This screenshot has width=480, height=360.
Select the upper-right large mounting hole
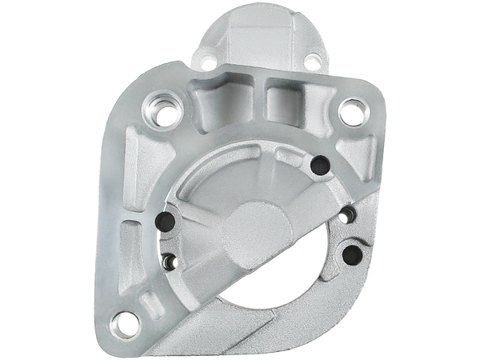(349, 109)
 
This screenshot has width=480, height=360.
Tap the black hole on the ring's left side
(166, 222)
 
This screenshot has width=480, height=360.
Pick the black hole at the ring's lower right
(350, 254)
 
